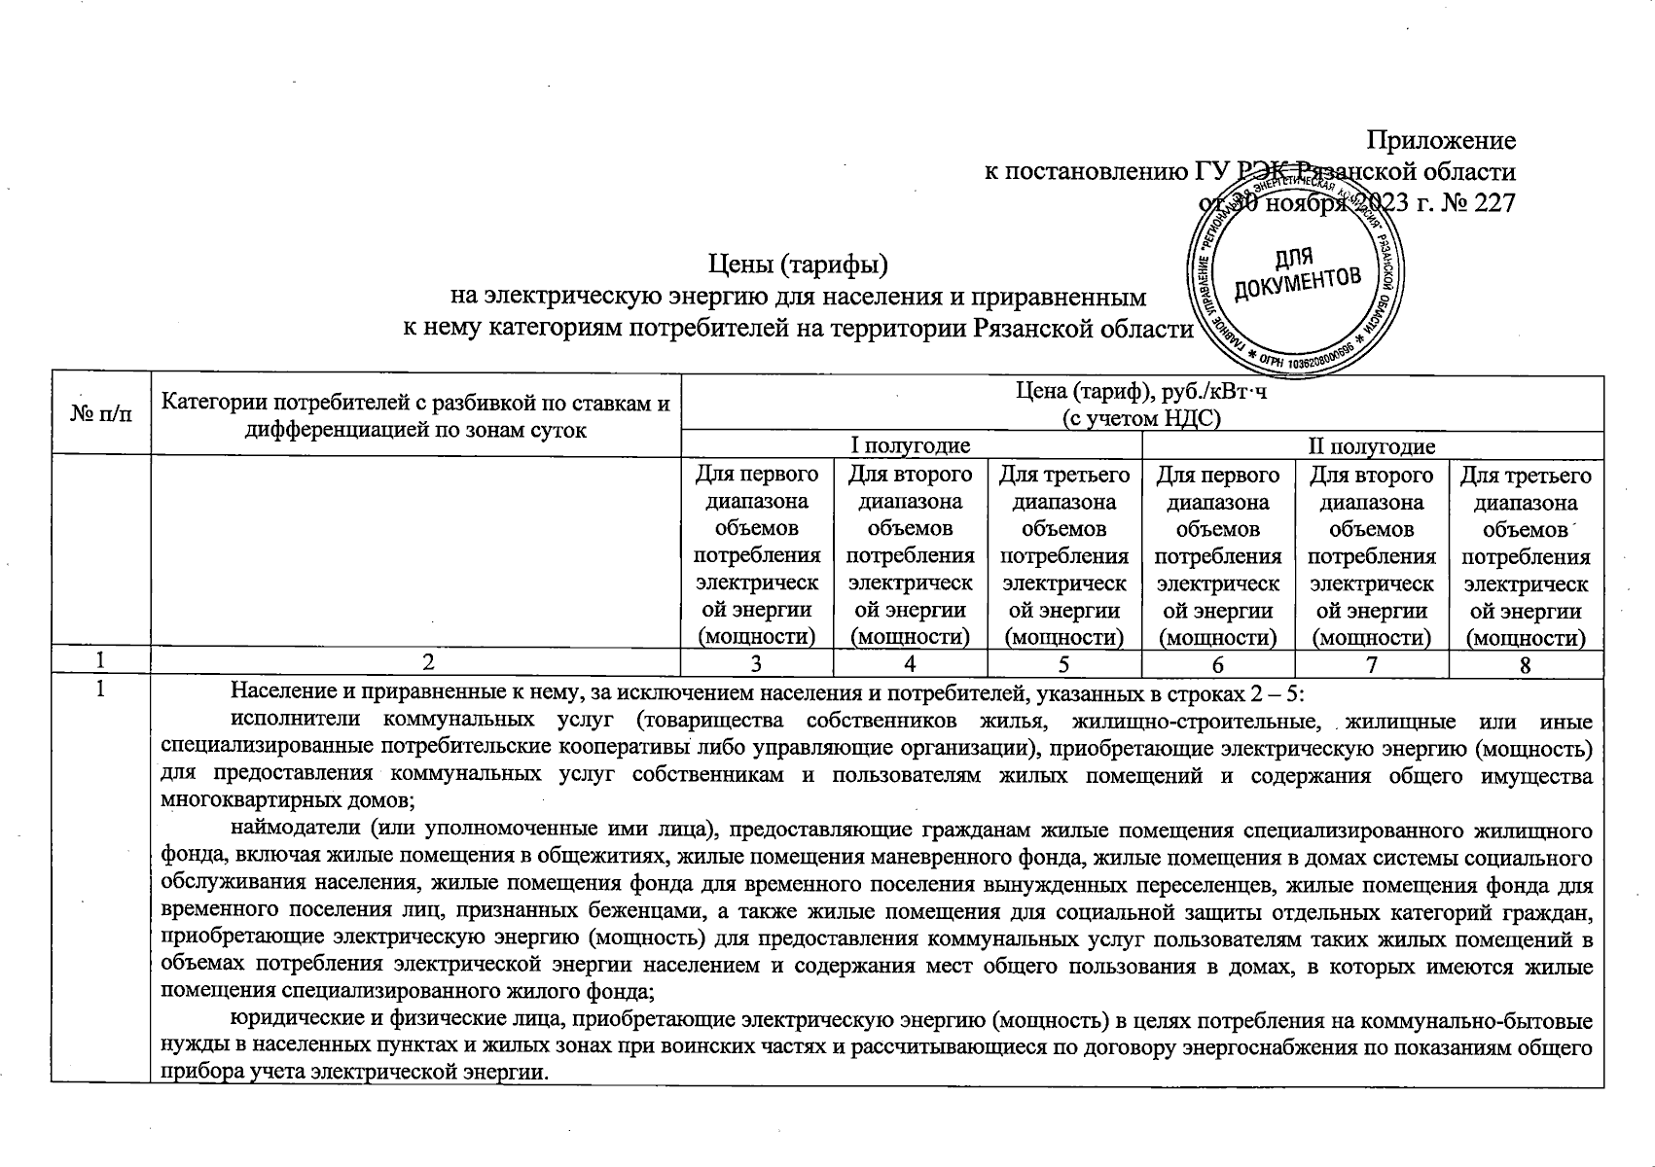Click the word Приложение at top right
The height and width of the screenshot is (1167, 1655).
tap(1442, 141)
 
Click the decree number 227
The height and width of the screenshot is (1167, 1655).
tap(1496, 204)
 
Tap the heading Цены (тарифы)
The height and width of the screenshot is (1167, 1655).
tap(797, 264)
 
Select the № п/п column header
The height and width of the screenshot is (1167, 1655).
tap(101, 413)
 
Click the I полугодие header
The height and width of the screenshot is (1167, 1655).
tap(911, 446)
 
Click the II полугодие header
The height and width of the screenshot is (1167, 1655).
tap(1372, 446)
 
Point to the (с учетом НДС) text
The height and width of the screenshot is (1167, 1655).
tap(1141, 418)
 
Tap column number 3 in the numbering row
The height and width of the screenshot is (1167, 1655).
tap(756, 665)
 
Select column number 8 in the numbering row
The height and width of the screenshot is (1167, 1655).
tap(1525, 665)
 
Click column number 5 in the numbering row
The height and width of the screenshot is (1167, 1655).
tap(1063, 665)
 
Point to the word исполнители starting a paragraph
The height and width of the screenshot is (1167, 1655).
tap(291, 722)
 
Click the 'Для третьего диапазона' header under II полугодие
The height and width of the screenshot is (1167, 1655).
tap(1526, 489)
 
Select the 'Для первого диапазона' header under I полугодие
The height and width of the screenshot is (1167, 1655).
tap(756, 489)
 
